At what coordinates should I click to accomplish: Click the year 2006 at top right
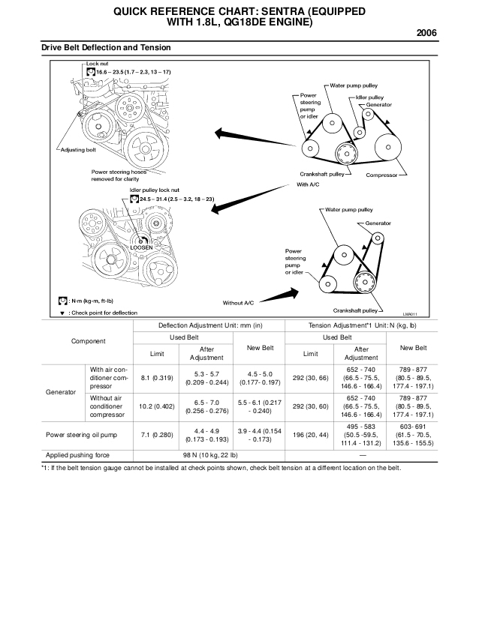pos(425,33)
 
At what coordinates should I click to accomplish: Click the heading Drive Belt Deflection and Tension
pos(106,48)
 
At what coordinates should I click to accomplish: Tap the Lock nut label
pos(97,64)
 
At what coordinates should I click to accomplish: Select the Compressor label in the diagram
pos(381,175)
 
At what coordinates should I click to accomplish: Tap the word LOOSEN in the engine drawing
pos(140,247)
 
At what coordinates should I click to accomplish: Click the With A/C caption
pos(308,184)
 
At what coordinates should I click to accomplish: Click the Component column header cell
pos(88,341)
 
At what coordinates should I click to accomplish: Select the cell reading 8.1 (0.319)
pos(158,379)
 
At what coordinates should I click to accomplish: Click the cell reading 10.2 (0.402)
pos(158,406)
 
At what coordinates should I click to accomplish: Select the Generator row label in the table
pos(61,392)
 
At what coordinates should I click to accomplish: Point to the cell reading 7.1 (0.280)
pos(158,434)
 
